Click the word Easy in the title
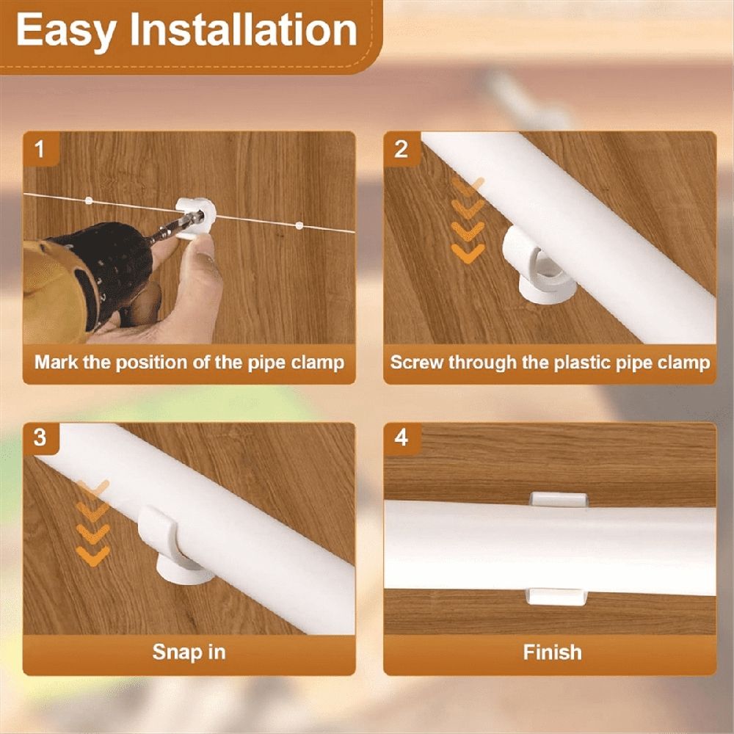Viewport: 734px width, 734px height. pos(66,31)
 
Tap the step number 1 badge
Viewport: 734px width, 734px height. pos(40,149)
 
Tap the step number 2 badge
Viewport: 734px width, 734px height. pos(401,149)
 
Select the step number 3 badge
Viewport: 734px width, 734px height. pos(40,438)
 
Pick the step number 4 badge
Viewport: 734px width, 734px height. pos(401,438)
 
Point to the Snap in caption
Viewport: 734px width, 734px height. pos(189,652)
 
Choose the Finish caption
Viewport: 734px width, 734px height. pos(553,652)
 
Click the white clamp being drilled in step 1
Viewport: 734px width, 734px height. pos(197,218)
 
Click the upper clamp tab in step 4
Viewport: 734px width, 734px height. pos(559,499)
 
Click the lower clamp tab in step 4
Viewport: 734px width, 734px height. pos(556,597)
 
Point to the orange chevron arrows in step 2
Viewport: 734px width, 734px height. pos(468,220)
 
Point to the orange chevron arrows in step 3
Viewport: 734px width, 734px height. pos(92,523)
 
